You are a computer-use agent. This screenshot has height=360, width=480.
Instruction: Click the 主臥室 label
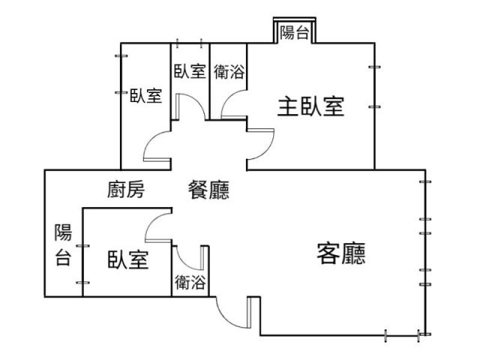(310, 107)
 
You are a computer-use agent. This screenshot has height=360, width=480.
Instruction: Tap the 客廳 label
(341, 255)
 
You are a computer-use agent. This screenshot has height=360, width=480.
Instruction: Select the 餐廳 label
(208, 190)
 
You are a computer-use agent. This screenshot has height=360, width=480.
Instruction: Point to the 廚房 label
(125, 190)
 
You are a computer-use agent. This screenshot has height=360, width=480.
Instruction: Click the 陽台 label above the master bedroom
(294, 32)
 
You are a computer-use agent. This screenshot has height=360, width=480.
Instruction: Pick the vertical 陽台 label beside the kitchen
(63, 245)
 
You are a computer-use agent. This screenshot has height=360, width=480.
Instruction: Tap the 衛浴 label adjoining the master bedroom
(228, 72)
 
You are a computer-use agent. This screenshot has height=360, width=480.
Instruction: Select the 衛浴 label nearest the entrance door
(190, 283)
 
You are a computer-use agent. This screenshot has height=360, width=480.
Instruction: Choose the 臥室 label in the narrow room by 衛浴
(190, 72)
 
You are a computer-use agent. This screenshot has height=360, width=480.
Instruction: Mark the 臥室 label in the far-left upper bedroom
(145, 95)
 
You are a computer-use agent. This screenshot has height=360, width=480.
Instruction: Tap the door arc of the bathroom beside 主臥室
(232, 105)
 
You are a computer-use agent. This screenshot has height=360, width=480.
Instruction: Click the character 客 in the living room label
(328, 255)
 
